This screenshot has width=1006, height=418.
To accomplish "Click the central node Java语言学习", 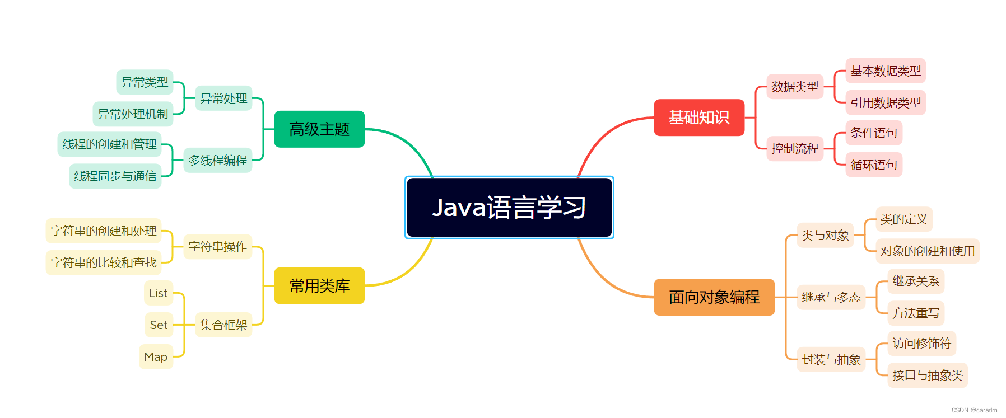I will click(x=509, y=208).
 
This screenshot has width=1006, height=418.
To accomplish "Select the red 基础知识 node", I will click(x=699, y=118).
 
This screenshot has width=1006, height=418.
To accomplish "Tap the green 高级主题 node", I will click(x=319, y=129).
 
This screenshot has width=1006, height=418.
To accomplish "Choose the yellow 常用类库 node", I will click(x=319, y=286).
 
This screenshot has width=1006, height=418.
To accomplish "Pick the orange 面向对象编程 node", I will click(x=714, y=297).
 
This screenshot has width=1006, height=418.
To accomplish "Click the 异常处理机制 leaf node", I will click(x=133, y=114).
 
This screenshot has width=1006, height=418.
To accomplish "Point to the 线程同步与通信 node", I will click(x=115, y=176).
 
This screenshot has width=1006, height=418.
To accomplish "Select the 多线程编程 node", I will click(x=218, y=161).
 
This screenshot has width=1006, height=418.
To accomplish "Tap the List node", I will click(x=158, y=293).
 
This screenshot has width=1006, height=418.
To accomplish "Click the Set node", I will click(x=159, y=325).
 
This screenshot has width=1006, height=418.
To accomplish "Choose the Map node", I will click(x=156, y=357).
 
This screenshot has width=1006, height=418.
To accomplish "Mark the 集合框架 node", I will click(x=223, y=325).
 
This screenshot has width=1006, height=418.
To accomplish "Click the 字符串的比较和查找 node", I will click(x=104, y=263).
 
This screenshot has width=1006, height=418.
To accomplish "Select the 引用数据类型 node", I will click(x=886, y=103).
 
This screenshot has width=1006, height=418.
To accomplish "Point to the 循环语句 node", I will click(x=874, y=165).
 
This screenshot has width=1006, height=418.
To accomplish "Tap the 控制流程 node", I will click(x=795, y=149).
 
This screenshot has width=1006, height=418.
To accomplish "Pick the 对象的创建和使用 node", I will click(x=928, y=251).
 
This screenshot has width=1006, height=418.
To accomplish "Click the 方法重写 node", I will click(x=916, y=313).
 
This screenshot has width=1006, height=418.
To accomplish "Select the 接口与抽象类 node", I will click(x=928, y=375).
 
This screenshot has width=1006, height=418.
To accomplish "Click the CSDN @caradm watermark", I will click(x=974, y=410).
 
